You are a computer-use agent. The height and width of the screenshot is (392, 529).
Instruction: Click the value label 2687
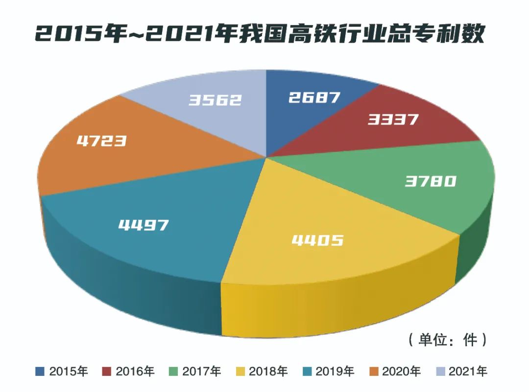(314, 97)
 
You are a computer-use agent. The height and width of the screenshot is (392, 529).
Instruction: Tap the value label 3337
(393, 119)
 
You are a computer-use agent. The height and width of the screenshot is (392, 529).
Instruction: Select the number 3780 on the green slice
(431, 182)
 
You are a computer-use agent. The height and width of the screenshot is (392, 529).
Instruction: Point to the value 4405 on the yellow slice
(317, 240)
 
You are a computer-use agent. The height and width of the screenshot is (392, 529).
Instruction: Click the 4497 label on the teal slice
(144, 225)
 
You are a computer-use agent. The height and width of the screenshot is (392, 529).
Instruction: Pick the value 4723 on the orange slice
(102, 141)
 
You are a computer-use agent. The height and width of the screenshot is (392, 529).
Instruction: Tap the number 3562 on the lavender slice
(216, 100)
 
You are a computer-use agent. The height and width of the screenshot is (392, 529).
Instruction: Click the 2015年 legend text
(69, 371)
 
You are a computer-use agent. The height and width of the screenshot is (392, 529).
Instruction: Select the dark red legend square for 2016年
(106, 371)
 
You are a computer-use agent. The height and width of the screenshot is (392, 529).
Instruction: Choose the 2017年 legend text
(202, 371)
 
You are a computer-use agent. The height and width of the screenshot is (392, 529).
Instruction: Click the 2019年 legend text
(335, 371)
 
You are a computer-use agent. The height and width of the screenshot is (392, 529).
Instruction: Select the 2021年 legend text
(468, 371)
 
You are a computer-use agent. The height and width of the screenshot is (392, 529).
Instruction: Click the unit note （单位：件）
(447, 340)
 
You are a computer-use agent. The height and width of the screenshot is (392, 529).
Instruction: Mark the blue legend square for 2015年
(40, 371)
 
